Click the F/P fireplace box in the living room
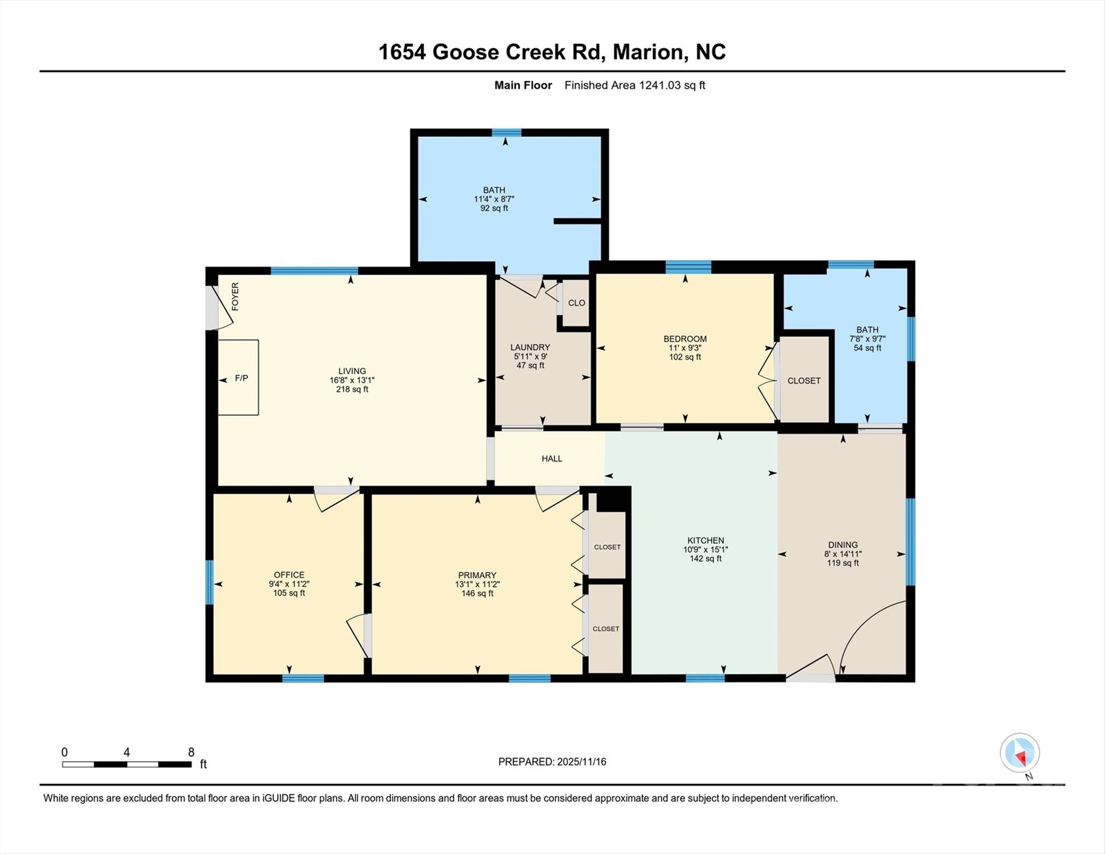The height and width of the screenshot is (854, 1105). tap(238, 378)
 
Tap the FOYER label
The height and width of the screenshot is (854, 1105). tap(235, 296)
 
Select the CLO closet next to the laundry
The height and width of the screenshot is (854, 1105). tap(576, 303)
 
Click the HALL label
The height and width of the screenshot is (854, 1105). tap(552, 459)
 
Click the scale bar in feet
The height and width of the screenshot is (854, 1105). tap(127, 764)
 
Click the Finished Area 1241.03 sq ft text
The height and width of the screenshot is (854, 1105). tap(635, 85)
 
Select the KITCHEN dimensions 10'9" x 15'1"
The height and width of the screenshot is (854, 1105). tap(705, 549)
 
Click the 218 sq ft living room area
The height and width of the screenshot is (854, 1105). tap(352, 389)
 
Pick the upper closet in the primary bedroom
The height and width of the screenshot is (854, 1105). tap(607, 547)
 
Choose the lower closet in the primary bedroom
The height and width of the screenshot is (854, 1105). tap(606, 629)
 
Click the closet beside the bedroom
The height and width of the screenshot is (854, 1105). tap(804, 381)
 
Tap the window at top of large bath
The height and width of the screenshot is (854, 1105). tap(506, 132)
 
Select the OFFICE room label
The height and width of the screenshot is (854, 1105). tap(289, 575)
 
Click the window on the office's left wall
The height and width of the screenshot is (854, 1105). tap(210, 582)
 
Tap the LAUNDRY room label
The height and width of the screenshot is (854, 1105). tap(530, 347)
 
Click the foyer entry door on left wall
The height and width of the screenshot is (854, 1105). tap(212, 307)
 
